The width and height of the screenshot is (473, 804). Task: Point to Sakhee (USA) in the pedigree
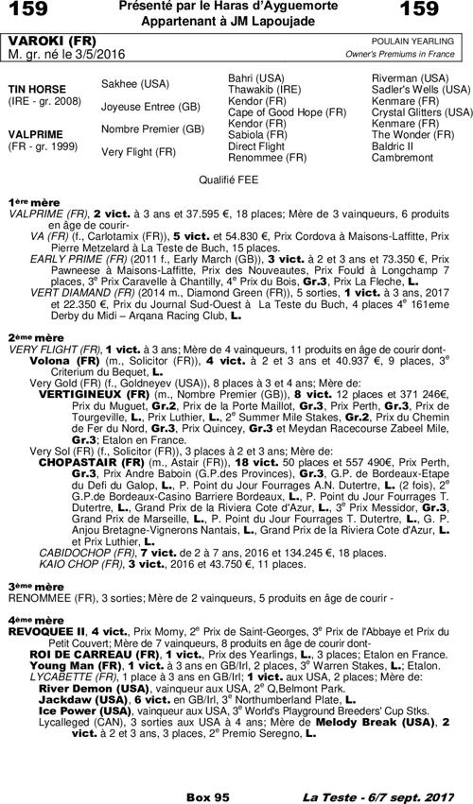135,83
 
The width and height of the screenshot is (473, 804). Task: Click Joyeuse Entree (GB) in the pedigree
150,106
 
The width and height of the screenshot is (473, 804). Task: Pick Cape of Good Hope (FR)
288,112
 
